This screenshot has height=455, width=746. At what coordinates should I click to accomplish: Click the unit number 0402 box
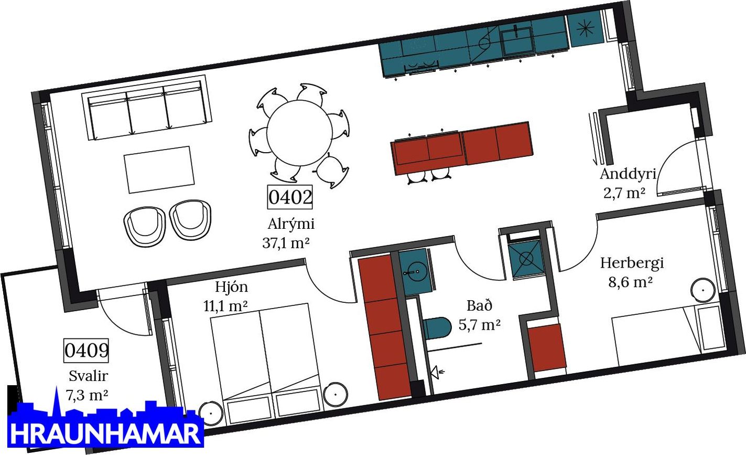click(290, 197)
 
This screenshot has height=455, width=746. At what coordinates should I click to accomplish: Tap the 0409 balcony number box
click(87, 350)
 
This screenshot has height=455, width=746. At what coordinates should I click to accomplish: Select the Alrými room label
click(291, 224)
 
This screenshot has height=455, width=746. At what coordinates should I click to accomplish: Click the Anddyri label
click(628, 174)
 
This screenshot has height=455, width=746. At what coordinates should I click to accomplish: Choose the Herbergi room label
click(632, 262)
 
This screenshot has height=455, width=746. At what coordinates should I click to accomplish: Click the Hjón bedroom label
click(231, 287)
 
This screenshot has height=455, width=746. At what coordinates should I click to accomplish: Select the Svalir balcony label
click(88, 376)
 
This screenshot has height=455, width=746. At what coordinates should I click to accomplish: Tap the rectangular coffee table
click(158, 169)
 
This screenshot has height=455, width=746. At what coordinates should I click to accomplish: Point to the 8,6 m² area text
click(630, 282)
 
